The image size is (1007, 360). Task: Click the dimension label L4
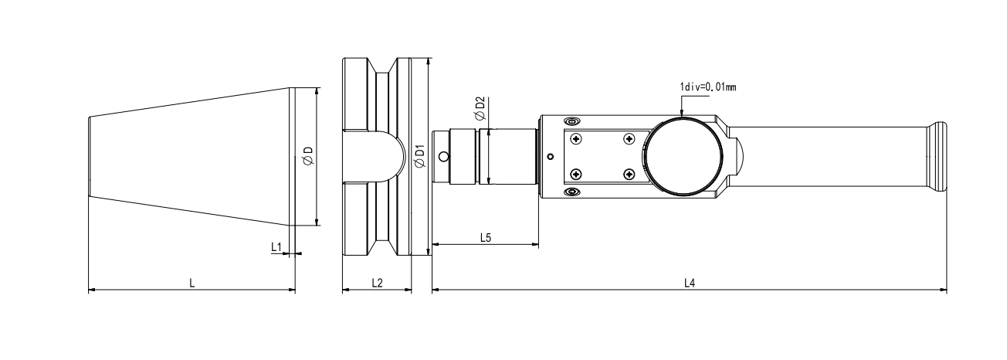click(690, 283)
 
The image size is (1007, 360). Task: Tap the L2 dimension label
click(377, 283)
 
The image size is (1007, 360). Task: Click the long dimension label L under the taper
click(192, 283)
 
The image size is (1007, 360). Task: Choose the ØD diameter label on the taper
click(307, 156)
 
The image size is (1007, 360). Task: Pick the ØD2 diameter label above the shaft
click(480, 108)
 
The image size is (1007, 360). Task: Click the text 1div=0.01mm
click(708, 87)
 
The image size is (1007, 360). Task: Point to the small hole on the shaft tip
click(443, 156)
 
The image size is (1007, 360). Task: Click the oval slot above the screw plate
click(571, 122)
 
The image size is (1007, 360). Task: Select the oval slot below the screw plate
click(571, 190)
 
